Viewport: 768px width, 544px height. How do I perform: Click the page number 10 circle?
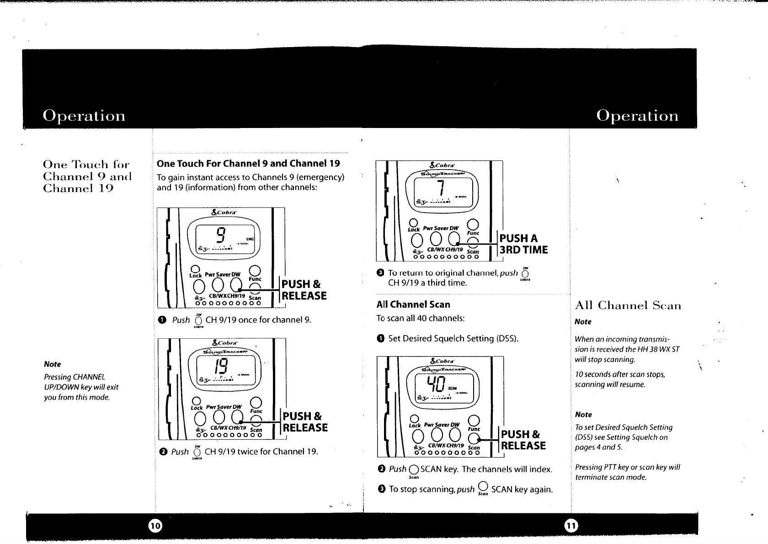click(x=155, y=526)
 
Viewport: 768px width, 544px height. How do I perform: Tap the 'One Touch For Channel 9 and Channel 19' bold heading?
click(x=248, y=164)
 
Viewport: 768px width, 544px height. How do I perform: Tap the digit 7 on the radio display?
click(x=440, y=189)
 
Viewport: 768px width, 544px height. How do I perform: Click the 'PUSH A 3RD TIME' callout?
click(x=523, y=244)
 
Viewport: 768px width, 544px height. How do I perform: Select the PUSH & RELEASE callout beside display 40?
click(x=523, y=440)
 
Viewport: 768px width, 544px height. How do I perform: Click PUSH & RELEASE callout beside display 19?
click(x=305, y=422)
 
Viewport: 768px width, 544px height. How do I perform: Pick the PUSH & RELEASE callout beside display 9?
click(x=304, y=290)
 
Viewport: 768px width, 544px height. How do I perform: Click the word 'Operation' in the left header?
click(x=84, y=115)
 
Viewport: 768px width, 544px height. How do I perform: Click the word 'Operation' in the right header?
click(x=637, y=115)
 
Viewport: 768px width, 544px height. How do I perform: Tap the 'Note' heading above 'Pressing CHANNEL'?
click(x=52, y=364)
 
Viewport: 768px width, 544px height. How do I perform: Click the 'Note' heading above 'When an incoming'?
click(x=583, y=322)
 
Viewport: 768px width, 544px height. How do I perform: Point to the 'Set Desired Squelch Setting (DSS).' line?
click(x=453, y=339)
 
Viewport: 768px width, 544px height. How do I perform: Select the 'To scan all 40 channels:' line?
click(x=420, y=318)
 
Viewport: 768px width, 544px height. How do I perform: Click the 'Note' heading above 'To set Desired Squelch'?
click(x=583, y=415)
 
